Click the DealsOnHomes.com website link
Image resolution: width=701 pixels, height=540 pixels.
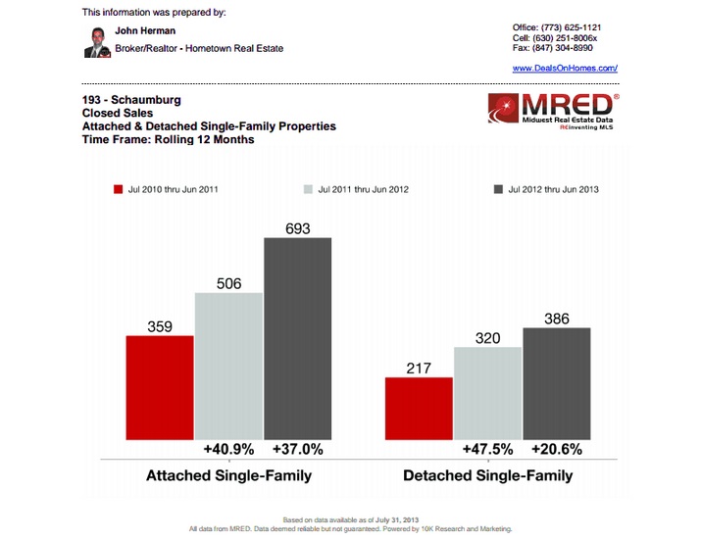click(565, 68)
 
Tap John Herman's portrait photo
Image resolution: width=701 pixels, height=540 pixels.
click(98, 42)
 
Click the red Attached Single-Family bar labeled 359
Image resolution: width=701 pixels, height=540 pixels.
click(160, 388)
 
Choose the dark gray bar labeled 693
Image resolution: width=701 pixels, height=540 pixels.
click(298, 338)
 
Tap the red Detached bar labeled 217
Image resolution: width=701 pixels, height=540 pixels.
click(419, 409)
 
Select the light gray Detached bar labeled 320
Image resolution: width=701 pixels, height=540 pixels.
click(488, 394)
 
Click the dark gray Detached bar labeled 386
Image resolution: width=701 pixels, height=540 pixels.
click(557, 384)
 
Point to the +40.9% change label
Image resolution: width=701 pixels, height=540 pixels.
click(228, 450)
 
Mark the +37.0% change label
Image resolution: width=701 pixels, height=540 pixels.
click(297, 450)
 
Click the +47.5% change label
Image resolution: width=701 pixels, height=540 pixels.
click(487, 450)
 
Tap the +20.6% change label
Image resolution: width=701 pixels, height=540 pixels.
click(557, 450)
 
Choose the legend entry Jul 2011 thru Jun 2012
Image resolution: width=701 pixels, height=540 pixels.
click(356, 189)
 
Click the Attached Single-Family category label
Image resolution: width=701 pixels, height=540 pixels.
click(228, 476)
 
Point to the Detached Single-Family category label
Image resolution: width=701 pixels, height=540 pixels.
click(487, 476)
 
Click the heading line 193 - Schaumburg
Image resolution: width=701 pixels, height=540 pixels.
click(131, 100)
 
